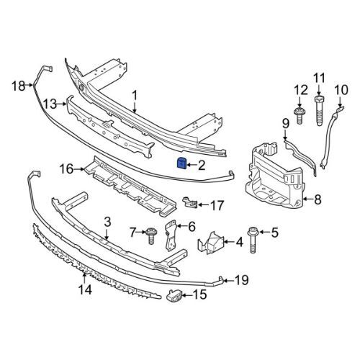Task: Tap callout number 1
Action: [134, 94]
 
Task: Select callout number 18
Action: [17, 86]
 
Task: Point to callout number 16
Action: [66, 170]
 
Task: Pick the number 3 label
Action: [107, 221]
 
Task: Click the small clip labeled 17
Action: [190, 202]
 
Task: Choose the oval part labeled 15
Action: [177, 294]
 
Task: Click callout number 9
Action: [285, 123]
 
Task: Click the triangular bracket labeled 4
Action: [215, 243]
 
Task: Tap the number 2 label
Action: [202, 166]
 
